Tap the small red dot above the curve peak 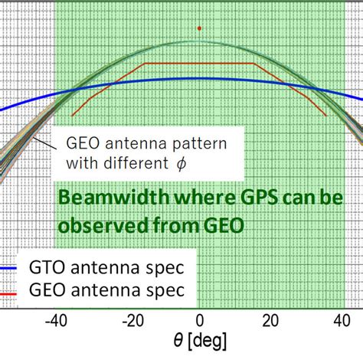(x=199, y=28)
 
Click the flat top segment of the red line (x=199, y=64)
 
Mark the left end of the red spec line (x=73, y=116)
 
